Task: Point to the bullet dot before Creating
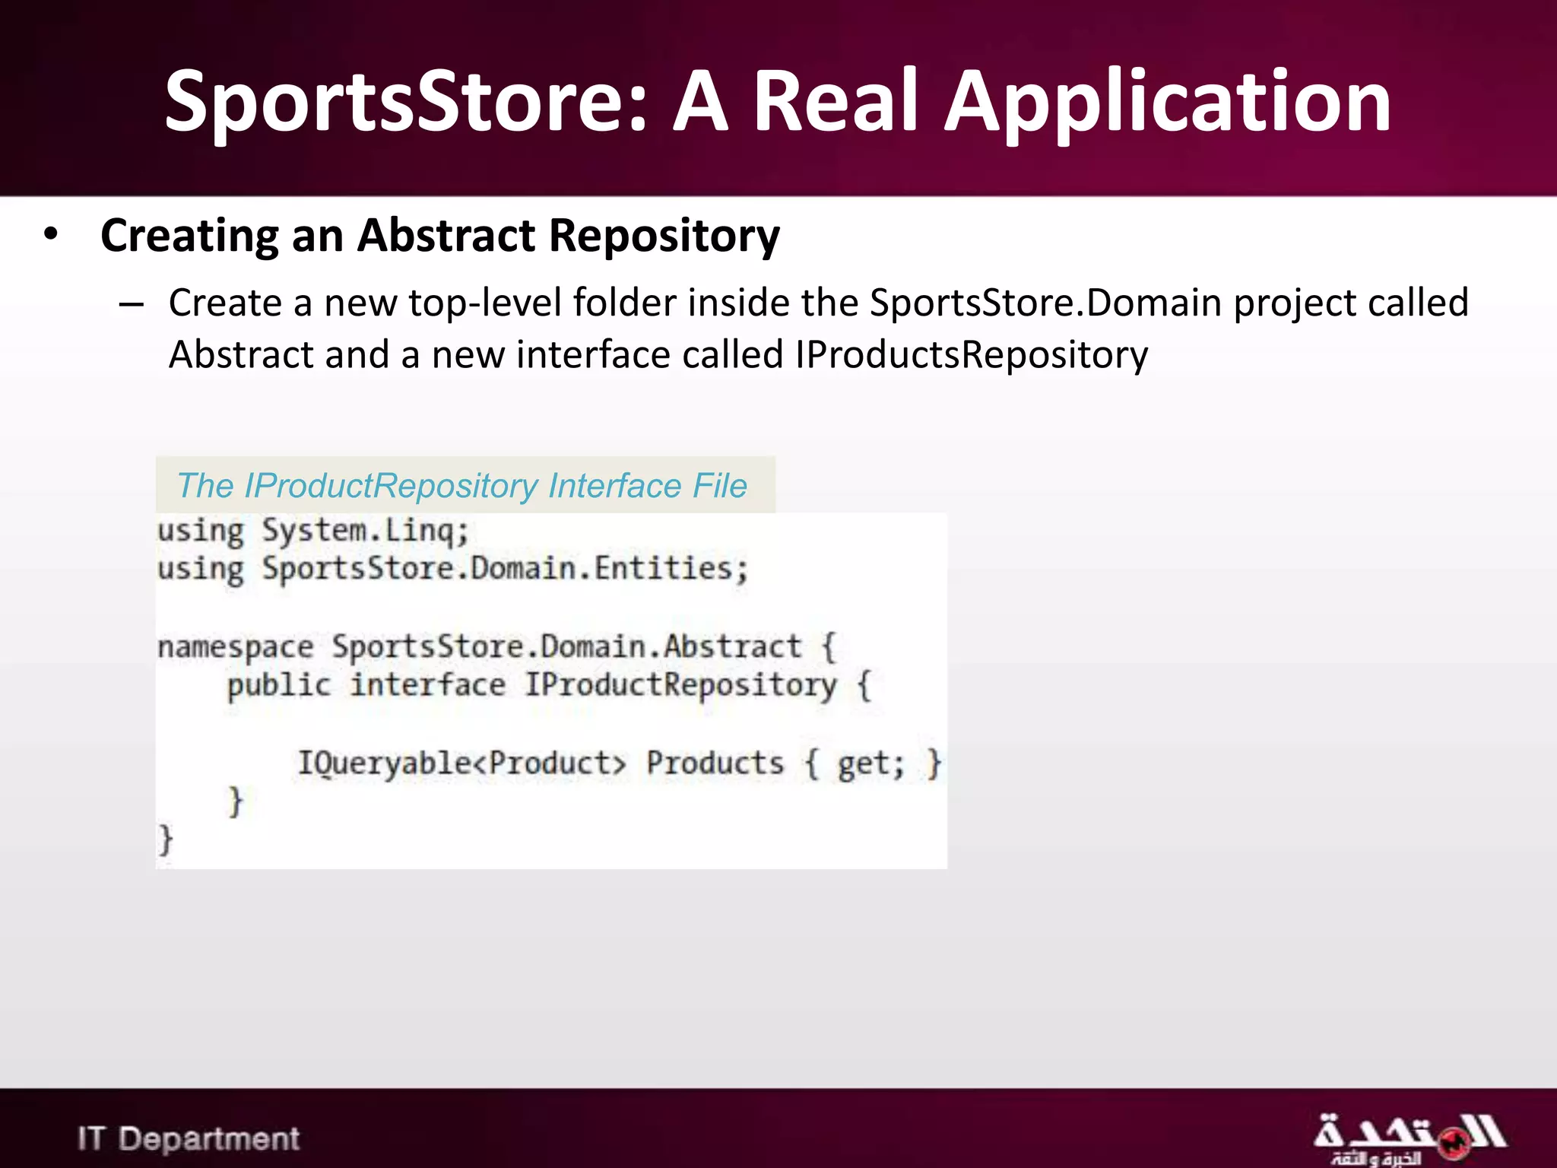point(51,234)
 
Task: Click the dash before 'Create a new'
point(131,304)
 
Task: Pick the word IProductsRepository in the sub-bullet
point(971,355)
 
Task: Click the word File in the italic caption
point(719,486)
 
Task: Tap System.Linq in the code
point(365,531)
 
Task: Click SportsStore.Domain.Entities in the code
point(505,569)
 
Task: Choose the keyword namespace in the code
point(235,647)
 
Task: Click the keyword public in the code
point(279,685)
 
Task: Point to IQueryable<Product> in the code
point(461,763)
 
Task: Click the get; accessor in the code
point(870,763)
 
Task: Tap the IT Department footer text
point(188,1138)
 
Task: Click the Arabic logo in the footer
point(1409,1138)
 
